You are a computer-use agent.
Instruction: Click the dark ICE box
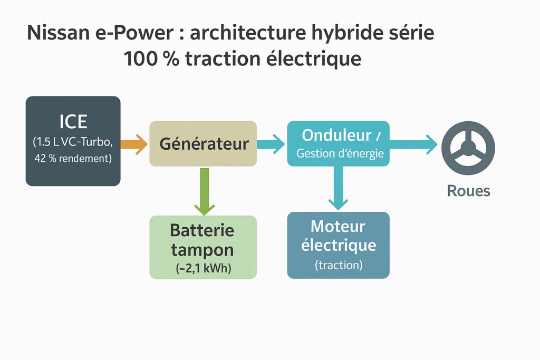point(73,141)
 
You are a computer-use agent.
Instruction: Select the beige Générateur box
point(203,143)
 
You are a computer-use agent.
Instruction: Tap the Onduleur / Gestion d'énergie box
point(338,143)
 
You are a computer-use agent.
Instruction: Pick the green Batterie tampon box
point(203,247)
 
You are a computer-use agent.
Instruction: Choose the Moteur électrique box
point(338,245)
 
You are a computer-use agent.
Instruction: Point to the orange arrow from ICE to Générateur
point(134,144)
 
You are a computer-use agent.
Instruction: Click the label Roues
point(468,191)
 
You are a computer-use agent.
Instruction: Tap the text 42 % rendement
point(73,158)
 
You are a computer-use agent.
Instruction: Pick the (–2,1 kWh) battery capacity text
point(203,268)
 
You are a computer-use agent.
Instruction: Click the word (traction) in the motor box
point(338,265)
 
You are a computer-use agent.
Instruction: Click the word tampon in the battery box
point(203,249)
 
